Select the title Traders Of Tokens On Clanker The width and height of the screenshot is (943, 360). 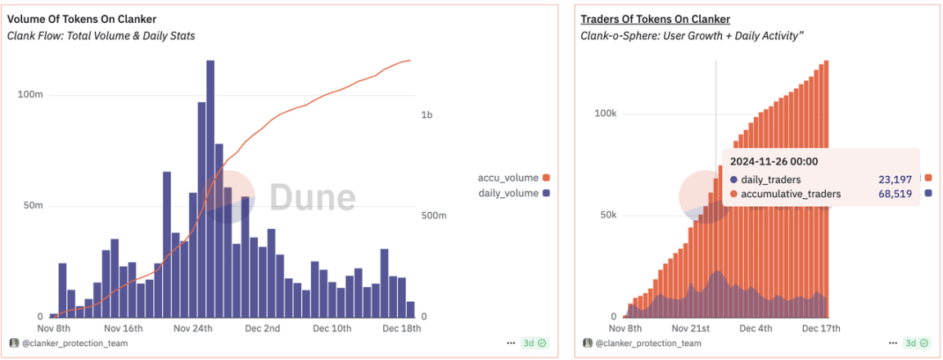pos(655,19)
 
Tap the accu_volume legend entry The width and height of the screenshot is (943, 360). pos(508,178)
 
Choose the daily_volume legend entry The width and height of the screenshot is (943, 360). pos(508,193)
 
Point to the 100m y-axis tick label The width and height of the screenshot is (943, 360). pos(30,95)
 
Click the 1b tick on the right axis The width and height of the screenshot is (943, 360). pos(426,115)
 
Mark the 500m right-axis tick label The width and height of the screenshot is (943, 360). pos(434,216)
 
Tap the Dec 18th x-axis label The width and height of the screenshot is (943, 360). pos(403,329)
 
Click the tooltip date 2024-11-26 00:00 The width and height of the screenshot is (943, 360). pos(774,162)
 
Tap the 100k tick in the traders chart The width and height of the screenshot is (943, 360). pos(604,114)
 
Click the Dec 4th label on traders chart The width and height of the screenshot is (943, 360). pos(755,329)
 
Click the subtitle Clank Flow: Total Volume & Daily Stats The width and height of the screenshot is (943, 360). pos(102,36)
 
